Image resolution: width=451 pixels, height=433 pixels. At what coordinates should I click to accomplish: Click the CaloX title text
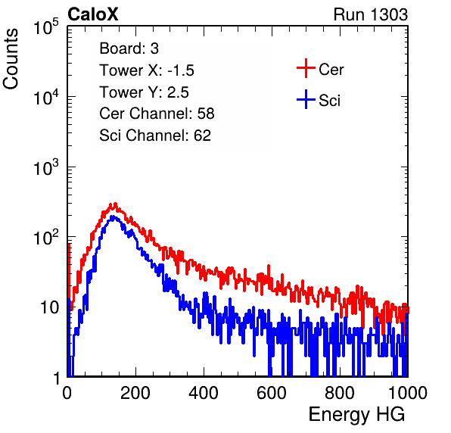coord(93,14)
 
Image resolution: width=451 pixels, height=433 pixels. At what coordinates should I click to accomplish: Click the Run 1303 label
coord(371,14)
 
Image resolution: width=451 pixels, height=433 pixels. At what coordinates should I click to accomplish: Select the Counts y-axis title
coord(11,59)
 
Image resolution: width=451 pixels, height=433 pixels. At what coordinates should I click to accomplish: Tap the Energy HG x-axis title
coord(356,415)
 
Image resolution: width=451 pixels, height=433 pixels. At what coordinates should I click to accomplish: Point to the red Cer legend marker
coord(306,68)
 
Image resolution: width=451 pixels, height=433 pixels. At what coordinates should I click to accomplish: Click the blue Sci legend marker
coord(306,99)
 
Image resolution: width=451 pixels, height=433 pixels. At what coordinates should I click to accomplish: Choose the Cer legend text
coord(331,70)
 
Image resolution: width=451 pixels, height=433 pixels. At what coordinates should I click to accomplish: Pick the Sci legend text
coord(330,101)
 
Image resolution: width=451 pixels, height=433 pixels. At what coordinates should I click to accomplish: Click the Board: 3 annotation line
coord(129,48)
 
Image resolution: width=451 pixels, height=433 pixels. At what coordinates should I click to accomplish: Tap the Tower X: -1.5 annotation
coord(147,70)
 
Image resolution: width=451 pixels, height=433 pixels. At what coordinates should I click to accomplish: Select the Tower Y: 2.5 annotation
coord(144,92)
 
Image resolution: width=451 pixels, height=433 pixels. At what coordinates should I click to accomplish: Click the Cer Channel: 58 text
coord(157,114)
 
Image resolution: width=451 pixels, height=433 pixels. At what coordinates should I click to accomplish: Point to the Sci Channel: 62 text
coord(155,136)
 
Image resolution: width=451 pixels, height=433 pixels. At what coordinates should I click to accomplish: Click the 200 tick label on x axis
coord(135,393)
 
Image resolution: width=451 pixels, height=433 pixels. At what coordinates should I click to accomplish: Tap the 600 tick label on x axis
coord(272,393)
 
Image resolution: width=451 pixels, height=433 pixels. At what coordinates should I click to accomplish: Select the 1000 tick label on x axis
coord(408,393)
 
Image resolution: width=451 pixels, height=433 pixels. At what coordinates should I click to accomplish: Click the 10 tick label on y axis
coord(50,307)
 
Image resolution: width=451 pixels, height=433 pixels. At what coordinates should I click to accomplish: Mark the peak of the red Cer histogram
coord(115,204)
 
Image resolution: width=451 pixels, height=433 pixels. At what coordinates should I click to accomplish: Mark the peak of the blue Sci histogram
coord(113,216)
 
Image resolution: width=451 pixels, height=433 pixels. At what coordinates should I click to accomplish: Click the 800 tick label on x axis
coord(340,393)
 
